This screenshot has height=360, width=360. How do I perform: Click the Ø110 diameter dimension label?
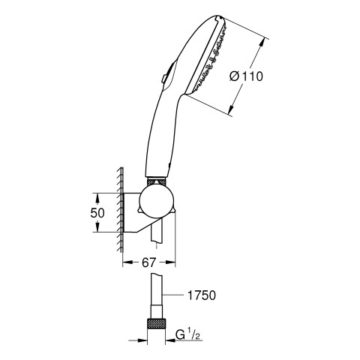(x=246, y=76)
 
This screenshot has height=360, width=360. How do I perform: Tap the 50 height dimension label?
(x=97, y=213)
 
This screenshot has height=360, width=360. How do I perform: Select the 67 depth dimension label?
(x=149, y=262)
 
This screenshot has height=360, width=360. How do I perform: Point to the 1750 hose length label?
(x=202, y=295)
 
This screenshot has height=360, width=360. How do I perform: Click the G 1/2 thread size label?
(x=187, y=335)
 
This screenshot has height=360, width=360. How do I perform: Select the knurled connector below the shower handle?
(x=157, y=181)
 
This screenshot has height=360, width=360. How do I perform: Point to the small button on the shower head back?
(x=164, y=78)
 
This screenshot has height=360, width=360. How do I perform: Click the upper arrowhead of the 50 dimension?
(x=97, y=198)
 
